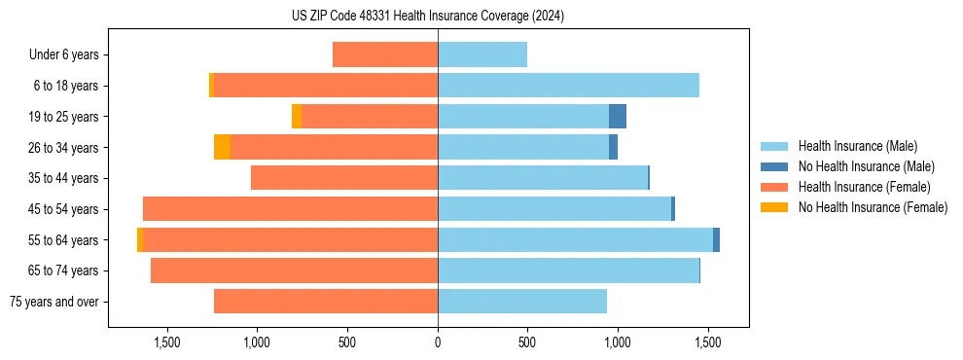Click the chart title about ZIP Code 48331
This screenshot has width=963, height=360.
[x=428, y=16]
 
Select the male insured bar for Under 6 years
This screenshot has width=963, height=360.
[x=482, y=54]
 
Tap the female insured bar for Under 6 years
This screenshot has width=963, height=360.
[x=385, y=54]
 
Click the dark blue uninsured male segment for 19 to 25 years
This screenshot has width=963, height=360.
[x=618, y=117]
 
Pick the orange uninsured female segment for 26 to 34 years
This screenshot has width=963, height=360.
[x=223, y=147]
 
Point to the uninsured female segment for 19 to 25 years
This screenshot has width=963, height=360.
[x=297, y=117]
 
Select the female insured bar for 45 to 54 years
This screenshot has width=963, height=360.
[x=290, y=209]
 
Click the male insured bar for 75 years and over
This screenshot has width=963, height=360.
[x=522, y=302]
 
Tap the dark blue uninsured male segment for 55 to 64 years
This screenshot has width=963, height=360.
[x=716, y=240]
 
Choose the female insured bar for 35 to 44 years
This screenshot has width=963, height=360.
[x=344, y=178]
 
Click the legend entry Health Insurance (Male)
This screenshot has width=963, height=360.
[x=856, y=146]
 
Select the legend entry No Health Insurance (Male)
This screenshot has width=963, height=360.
[x=866, y=166]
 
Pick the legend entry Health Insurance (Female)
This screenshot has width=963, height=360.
[x=864, y=187]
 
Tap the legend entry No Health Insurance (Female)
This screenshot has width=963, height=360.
[x=873, y=207]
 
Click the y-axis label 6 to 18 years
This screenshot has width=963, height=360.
[x=65, y=86]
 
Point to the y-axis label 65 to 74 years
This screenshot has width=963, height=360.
[x=62, y=270]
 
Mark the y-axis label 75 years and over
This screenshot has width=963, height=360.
[x=53, y=302]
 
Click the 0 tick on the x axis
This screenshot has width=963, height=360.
[x=438, y=342]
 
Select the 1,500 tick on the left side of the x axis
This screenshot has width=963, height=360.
[x=167, y=342]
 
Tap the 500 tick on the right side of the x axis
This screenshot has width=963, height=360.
[x=527, y=342]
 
